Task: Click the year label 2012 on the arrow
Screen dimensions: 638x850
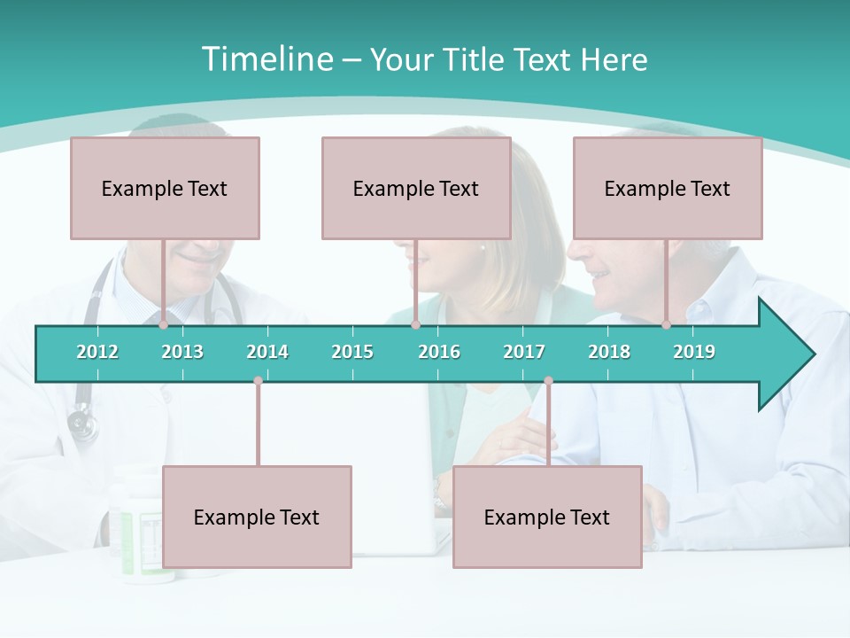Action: [x=97, y=352]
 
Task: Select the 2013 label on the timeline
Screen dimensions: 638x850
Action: [x=182, y=352]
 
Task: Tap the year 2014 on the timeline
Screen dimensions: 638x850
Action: [x=267, y=352]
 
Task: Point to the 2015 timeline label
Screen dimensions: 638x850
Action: [x=352, y=352]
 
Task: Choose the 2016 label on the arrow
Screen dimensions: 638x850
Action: [x=439, y=352]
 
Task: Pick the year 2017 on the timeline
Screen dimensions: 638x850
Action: [x=524, y=352]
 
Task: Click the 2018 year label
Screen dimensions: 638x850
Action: [x=609, y=352]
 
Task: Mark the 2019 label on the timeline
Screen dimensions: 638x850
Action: [x=694, y=352]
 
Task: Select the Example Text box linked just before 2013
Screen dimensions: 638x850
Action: [x=165, y=188]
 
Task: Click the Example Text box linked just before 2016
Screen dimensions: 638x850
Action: [x=416, y=188]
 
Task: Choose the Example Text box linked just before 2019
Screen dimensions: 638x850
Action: [x=668, y=188]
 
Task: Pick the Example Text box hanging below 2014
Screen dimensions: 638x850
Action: [x=257, y=517]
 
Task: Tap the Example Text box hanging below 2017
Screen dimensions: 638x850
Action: [x=547, y=517]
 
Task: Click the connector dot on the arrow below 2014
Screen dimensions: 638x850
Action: [x=258, y=381]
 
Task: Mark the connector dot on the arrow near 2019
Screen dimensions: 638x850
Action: [x=666, y=325]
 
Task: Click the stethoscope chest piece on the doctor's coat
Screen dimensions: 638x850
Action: [x=82, y=424]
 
